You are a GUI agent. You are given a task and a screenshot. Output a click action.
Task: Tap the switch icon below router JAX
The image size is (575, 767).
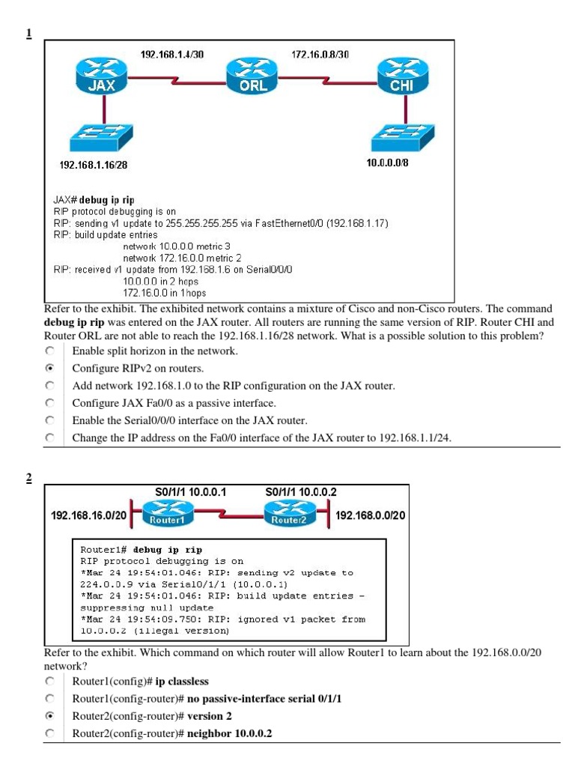click(100, 138)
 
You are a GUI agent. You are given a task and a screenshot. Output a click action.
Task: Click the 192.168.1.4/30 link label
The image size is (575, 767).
click(172, 55)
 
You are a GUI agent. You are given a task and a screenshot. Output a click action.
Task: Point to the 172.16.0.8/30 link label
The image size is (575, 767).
click(320, 55)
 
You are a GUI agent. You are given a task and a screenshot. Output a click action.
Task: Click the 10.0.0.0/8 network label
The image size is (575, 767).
click(387, 163)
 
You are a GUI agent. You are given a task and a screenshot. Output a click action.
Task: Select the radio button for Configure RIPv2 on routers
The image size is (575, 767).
click(50, 369)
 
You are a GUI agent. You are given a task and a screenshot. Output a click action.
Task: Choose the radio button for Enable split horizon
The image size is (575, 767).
click(50, 351)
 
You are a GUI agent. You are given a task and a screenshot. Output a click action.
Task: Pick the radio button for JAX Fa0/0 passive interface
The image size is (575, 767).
click(50, 403)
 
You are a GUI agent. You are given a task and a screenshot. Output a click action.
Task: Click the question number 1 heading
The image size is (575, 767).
click(28, 33)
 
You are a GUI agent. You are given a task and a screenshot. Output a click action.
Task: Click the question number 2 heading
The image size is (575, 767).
click(28, 479)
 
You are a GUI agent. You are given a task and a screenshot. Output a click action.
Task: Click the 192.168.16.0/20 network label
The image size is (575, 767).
click(88, 516)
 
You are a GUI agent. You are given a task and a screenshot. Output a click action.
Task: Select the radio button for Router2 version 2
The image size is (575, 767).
click(50, 716)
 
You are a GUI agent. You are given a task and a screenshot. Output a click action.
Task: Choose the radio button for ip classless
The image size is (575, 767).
click(50, 682)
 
